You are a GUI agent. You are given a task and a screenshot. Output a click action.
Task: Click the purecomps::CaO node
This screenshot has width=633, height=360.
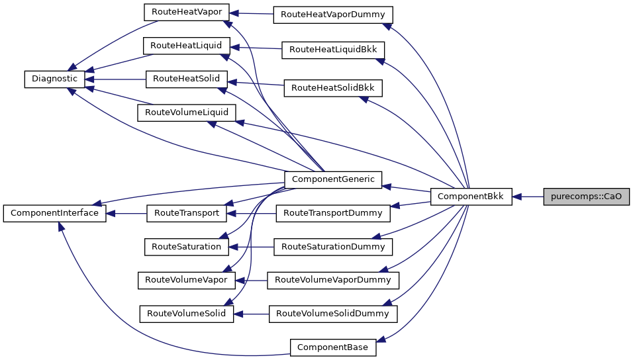(x=586, y=197)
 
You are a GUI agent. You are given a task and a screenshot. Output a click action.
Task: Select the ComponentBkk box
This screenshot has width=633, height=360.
(x=471, y=197)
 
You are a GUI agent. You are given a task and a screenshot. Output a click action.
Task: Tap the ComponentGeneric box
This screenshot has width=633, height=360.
(x=332, y=179)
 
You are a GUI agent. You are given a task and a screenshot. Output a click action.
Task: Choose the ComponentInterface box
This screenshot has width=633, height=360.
(x=54, y=213)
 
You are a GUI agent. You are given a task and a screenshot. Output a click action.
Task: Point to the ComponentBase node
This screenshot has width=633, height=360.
(x=332, y=347)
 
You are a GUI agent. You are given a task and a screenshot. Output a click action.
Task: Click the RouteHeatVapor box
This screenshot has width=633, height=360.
(x=186, y=12)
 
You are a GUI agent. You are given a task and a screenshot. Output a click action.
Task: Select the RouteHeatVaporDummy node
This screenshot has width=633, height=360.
(x=333, y=14)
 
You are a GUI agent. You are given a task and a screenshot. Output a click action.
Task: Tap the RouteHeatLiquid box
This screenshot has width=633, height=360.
(x=186, y=45)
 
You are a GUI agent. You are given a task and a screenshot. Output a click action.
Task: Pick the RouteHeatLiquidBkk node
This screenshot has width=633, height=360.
(x=333, y=49)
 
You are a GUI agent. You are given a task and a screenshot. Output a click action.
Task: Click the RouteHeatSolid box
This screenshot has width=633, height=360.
(x=186, y=78)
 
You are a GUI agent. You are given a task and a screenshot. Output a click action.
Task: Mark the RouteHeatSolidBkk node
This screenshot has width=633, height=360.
(x=333, y=87)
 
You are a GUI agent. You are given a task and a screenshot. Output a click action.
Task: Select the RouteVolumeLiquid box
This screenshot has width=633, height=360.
(x=186, y=112)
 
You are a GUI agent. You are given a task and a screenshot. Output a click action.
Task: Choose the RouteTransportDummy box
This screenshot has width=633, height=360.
(x=333, y=213)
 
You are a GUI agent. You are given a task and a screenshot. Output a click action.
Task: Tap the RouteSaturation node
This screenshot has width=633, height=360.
(x=186, y=246)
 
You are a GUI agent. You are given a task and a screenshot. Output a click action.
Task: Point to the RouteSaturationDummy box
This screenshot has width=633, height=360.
(x=333, y=247)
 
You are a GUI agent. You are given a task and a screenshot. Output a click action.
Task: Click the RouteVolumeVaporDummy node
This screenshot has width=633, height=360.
(x=333, y=280)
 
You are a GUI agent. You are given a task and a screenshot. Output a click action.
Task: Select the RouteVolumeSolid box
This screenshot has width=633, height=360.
(x=186, y=313)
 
